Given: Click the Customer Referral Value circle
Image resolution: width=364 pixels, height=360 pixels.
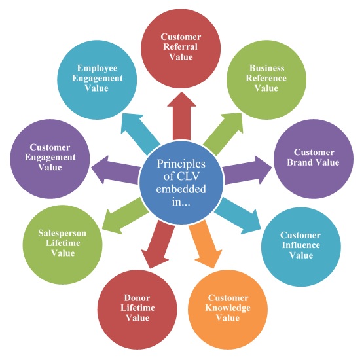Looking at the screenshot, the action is [x=181, y=48].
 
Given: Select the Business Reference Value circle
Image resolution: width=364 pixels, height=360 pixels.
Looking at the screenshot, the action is [x=266, y=80].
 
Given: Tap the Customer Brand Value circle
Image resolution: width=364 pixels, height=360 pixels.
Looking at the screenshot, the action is [x=314, y=159].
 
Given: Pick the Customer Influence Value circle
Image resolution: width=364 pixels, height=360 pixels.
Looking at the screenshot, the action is [x=301, y=247].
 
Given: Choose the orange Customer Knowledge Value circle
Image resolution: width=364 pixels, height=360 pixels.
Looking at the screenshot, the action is [x=228, y=310].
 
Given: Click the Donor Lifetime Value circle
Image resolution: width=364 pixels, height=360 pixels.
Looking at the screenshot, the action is [x=137, y=310].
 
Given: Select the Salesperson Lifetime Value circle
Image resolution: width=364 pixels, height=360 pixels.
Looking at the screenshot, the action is [x=62, y=245].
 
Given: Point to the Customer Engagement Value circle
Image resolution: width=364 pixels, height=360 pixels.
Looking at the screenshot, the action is [x=50, y=159].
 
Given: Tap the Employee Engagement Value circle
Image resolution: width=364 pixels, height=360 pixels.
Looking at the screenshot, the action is [x=97, y=80].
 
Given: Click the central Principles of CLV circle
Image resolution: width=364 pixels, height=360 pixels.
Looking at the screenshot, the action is [x=181, y=183].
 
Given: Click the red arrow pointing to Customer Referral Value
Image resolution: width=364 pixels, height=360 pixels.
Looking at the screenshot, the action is [x=181, y=116].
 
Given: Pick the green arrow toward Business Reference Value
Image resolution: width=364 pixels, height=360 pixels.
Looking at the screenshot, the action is [x=223, y=134].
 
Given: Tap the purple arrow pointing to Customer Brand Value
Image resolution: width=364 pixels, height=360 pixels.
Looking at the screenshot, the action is [x=247, y=170].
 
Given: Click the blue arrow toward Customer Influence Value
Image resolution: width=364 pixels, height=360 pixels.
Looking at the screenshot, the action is [x=238, y=215].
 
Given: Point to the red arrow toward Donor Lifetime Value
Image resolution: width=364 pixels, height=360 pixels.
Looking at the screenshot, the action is [x=158, y=243].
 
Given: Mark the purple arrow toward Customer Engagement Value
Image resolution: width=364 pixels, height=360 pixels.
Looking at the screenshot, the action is [x=116, y=170].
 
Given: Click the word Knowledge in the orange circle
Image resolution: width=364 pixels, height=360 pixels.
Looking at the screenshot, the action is [x=228, y=308].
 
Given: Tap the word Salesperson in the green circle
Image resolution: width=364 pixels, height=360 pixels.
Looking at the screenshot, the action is [x=62, y=233].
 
